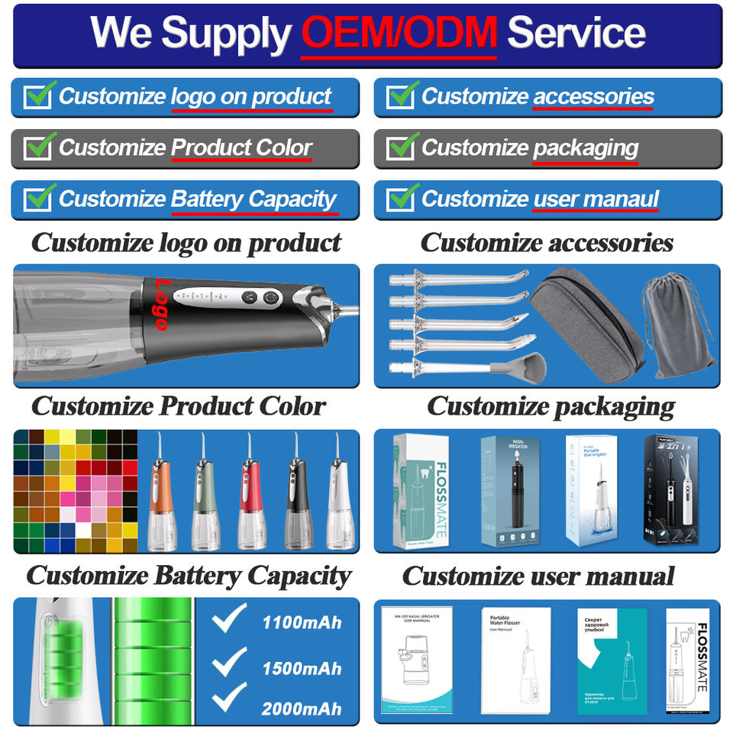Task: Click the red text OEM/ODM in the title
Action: (399, 33)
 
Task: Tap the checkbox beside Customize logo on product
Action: (37, 97)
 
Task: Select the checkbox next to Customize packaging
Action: (400, 148)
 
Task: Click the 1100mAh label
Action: (301, 622)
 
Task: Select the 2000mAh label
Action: (301, 709)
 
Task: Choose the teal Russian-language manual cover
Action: (611, 660)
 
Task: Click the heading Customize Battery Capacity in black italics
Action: (189, 575)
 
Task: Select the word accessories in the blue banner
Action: (593, 97)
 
